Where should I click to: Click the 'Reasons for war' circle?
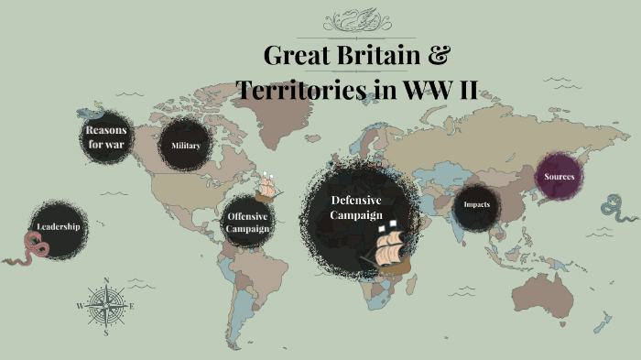pos(106,137)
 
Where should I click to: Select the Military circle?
pos(186,146)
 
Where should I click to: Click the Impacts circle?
pos(477,204)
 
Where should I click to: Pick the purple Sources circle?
pos(560,176)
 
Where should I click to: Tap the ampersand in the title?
pos(439,55)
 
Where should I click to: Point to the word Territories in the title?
pos(303,90)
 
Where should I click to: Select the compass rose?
pos(106,306)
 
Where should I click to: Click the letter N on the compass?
pos(106,281)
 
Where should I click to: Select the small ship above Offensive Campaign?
pos(266,187)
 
